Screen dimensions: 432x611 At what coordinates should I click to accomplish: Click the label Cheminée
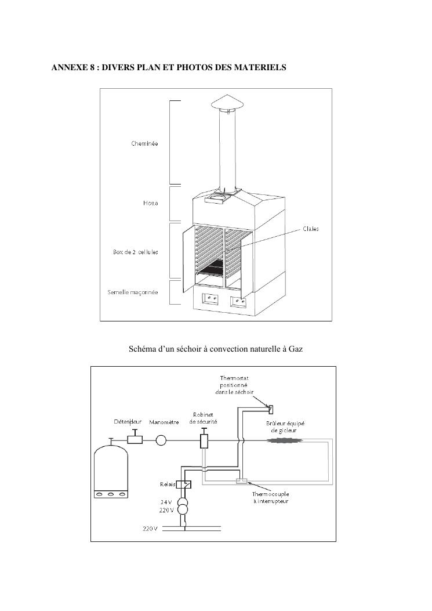pos(144,143)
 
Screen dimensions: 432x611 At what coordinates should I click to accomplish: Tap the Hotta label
pos(150,203)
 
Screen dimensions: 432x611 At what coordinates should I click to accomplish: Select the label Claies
pos(310,229)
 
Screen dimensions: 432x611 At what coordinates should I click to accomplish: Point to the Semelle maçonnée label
pos(133,292)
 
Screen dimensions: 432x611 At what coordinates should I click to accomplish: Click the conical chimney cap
pos(227,103)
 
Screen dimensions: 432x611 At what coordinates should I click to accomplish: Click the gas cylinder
pos(111,470)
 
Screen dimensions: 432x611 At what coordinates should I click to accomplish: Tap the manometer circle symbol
pos(161,440)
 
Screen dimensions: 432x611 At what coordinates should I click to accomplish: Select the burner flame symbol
pos(285,440)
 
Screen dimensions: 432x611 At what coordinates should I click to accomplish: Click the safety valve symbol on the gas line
pos(204,440)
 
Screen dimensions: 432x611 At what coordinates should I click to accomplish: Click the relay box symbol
pos(184,485)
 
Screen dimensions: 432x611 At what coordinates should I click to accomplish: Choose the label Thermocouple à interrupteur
pos(270,498)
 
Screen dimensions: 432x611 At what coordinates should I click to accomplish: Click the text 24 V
pos(166,502)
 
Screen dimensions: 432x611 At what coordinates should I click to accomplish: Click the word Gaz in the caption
pos(296,349)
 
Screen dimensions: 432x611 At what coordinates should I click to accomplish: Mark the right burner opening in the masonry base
pos(238,301)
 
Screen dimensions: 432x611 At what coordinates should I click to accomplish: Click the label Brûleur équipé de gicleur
pos(285,427)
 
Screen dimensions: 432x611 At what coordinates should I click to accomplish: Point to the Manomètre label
pos(164,422)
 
